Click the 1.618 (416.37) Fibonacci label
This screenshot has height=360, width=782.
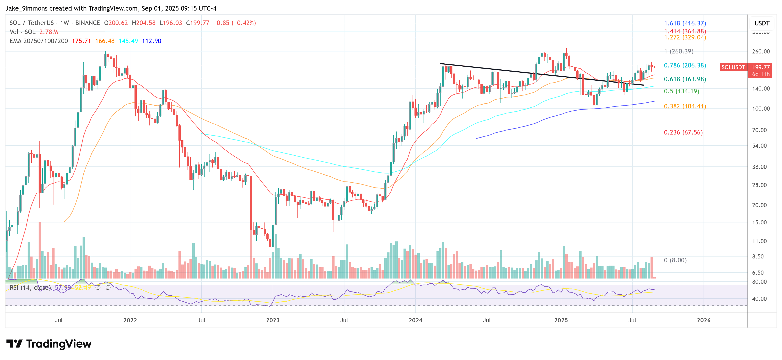[685, 23]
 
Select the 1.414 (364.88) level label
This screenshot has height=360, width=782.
[685, 31]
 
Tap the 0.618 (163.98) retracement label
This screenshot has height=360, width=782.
[685, 79]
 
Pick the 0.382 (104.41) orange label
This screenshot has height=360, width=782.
[685, 106]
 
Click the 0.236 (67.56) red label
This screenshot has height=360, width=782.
[683, 132]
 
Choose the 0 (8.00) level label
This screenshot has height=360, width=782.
[675, 260]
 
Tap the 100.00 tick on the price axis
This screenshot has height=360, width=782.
[761, 109]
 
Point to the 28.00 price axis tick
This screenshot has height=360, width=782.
[759, 185]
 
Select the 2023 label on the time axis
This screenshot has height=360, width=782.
[273, 320]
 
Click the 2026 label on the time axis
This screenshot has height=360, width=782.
[703, 320]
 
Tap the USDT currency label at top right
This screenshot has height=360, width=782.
[762, 23]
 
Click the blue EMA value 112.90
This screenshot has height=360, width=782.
[152, 41]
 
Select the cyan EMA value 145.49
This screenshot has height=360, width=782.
[128, 41]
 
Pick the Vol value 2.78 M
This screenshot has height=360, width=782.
[48, 32]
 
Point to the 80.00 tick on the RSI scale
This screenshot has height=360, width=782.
[759, 282]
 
